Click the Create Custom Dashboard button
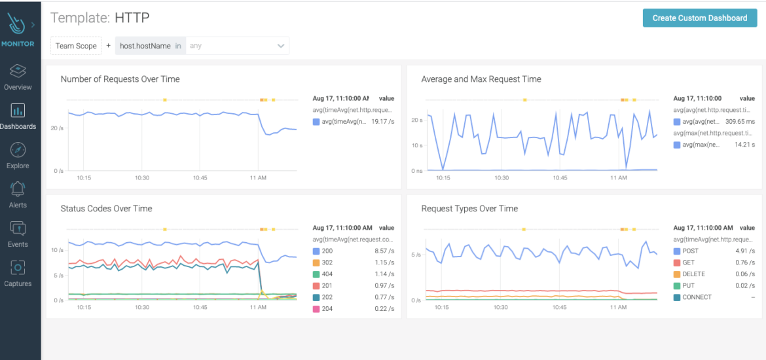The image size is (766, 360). [699, 18]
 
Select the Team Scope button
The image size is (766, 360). [76, 46]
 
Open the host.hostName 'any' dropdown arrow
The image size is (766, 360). [281, 46]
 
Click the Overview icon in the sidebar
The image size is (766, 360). [18, 71]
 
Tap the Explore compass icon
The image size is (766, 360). [18, 150]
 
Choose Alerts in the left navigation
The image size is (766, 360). [18, 194]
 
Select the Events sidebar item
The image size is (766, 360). [18, 234]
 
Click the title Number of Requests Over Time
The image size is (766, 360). [120, 79]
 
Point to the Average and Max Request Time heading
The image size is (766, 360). [481, 79]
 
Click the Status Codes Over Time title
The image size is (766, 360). [106, 209]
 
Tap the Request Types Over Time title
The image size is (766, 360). [469, 209]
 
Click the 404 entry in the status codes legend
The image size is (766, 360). [327, 274]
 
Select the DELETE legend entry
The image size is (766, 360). [693, 274]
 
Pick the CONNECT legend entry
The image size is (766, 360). [697, 297]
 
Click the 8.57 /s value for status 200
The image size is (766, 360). [382, 251]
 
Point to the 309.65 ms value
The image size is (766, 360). [740, 122]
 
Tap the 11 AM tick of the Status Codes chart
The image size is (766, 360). [257, 307]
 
